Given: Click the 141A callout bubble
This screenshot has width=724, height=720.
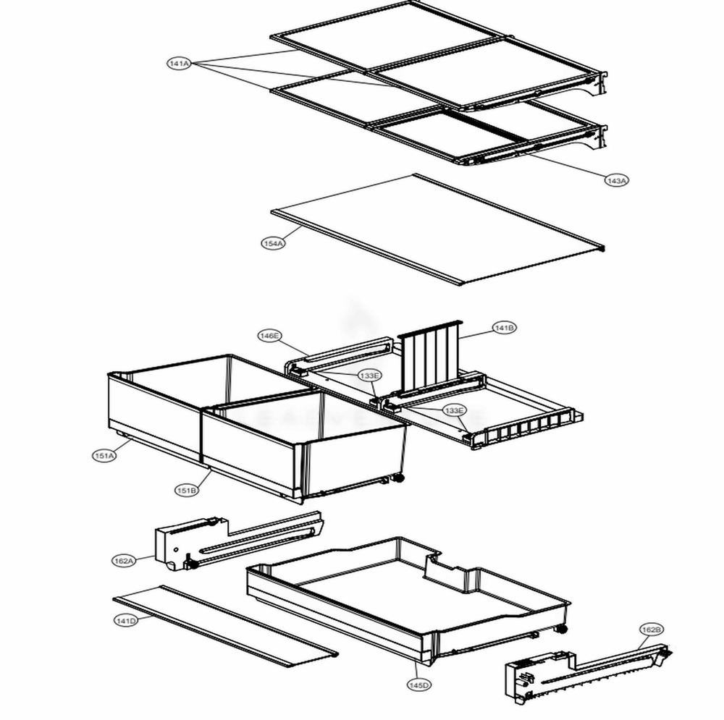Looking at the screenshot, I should pos(179,64).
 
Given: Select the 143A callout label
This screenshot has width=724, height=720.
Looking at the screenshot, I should pos(616,180).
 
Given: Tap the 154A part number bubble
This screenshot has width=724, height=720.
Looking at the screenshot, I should pos(273,244).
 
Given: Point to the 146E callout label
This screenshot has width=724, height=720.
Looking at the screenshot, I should pos(270,336).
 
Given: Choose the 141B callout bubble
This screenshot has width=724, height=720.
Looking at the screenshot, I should pos(505,328).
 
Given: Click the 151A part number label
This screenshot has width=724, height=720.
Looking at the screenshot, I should pos(104,456).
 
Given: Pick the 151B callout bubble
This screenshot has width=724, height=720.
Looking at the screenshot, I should pos(186,491).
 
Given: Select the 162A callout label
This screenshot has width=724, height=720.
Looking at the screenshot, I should pos(124,561).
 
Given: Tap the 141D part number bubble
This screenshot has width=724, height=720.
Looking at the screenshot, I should pos(125,621).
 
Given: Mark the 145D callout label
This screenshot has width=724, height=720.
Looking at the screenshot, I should pos(418,685).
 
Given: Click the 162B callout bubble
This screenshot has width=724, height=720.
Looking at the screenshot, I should pos(651,630).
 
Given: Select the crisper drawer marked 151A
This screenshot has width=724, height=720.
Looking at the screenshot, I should pos(152,405).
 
